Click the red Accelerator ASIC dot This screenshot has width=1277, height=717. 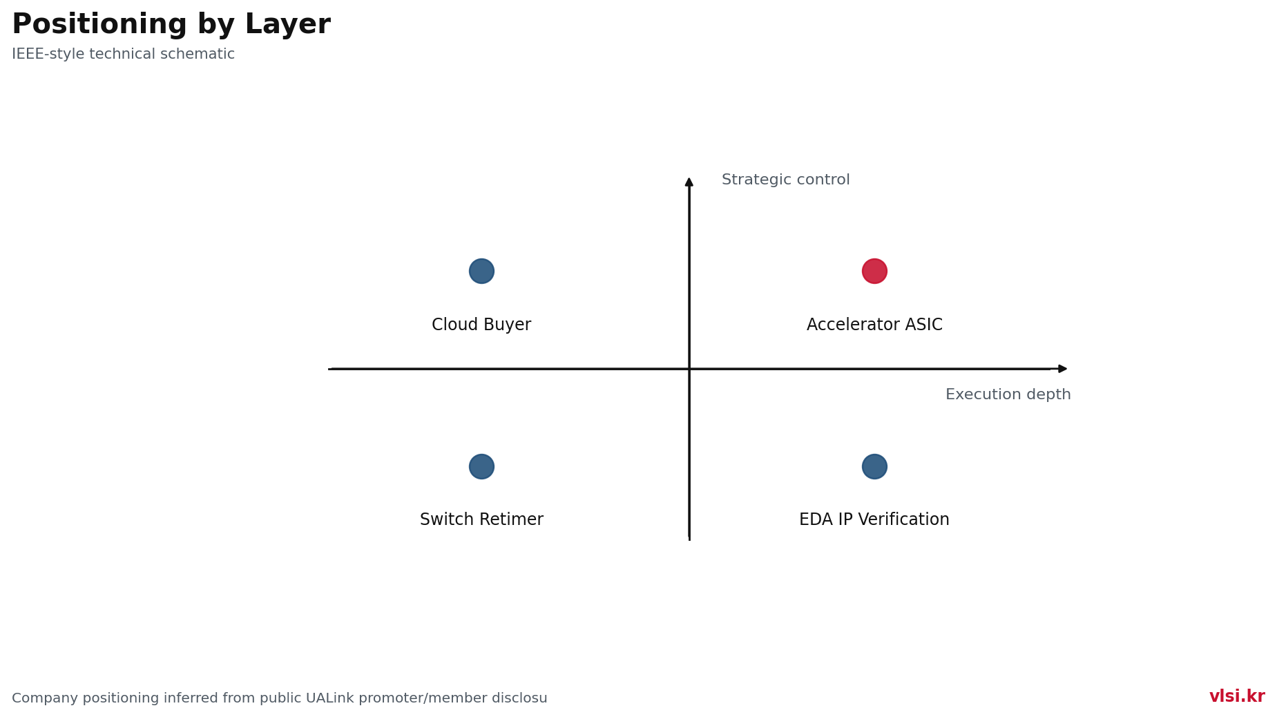(x=874, y=271)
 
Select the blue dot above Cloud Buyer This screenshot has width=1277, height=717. (x=481, y=271)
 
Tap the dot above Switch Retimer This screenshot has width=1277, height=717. (x=481, y=466)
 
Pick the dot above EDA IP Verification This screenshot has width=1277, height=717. (x=874, y=466)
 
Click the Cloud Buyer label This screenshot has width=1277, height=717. (x=481, y=325)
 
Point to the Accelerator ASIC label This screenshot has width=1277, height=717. (x=874, y=325)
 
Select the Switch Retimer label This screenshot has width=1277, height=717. (x=481, y=519)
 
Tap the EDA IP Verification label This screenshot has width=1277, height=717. (x=874, y=519)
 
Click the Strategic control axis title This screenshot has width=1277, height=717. (x=786, y=180)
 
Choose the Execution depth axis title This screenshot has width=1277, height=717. (x=1008, y=394)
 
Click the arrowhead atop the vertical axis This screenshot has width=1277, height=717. (x=689, y=182)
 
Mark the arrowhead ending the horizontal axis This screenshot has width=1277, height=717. (x=1063, y=369)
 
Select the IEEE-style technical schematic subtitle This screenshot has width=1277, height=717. (x=124, y=54)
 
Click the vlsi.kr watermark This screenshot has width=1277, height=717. (x=1237, y=696)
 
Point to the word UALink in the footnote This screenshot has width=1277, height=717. (x=330, y=698)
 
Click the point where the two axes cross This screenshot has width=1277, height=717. (x=689, y=369)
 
